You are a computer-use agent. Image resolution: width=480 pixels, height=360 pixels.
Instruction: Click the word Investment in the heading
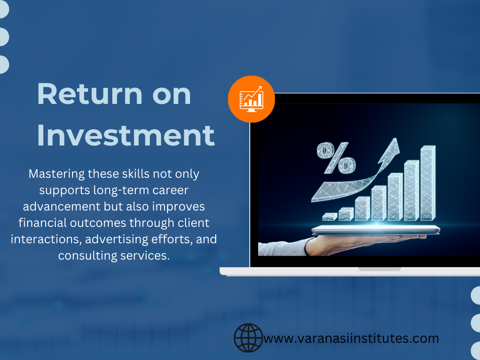[x=126, y=136]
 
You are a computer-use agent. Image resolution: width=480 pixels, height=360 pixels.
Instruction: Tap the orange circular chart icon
[x=251, y=100]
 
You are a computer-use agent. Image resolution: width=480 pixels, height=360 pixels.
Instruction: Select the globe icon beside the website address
[x=248, y=338]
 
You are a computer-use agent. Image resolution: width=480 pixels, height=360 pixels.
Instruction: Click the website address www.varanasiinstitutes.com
[x=351, y=339]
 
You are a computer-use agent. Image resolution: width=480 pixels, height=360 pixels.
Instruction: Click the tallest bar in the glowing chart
[x=427, y=183]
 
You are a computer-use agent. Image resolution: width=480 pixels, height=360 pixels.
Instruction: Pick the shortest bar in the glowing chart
[x=329, y=217]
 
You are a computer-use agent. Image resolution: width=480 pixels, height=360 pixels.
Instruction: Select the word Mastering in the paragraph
[x=56, y=174]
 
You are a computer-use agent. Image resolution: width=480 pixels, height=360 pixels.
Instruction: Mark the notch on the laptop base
[x=379, y=269]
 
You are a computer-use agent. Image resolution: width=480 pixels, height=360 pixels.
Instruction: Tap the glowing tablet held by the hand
[x=376, y=229]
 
